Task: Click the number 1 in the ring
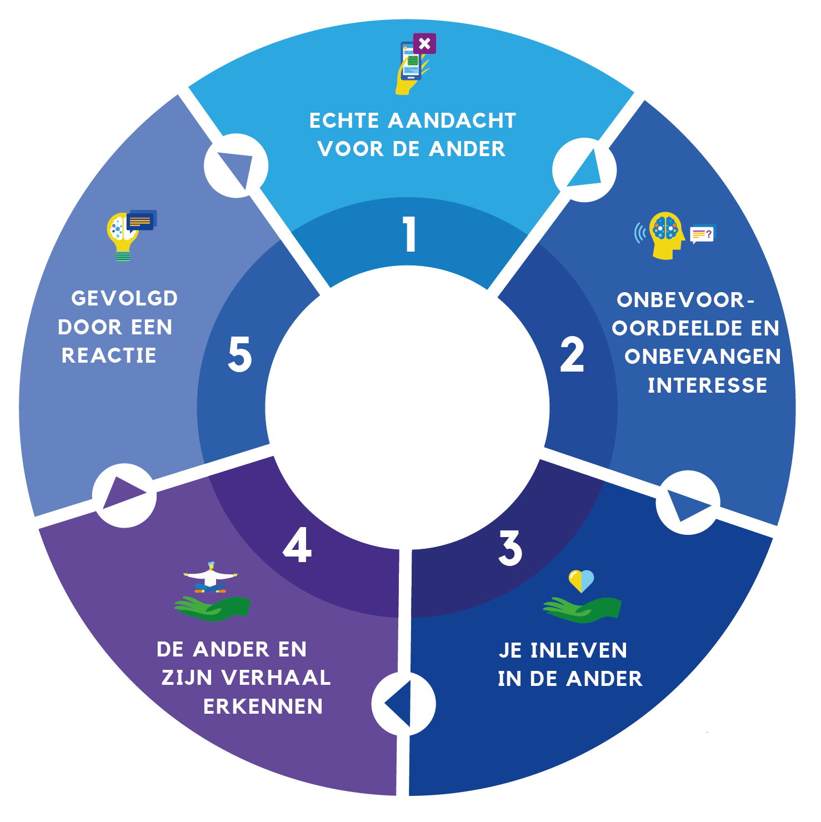410,234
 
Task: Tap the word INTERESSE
707,385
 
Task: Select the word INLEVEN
578,650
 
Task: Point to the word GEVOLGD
124,298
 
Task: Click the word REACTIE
109,355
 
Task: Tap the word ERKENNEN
263,706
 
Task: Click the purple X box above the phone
424,43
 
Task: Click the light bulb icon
122,236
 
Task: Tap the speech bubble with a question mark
703,234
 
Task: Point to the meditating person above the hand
210,578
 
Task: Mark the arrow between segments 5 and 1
237,166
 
